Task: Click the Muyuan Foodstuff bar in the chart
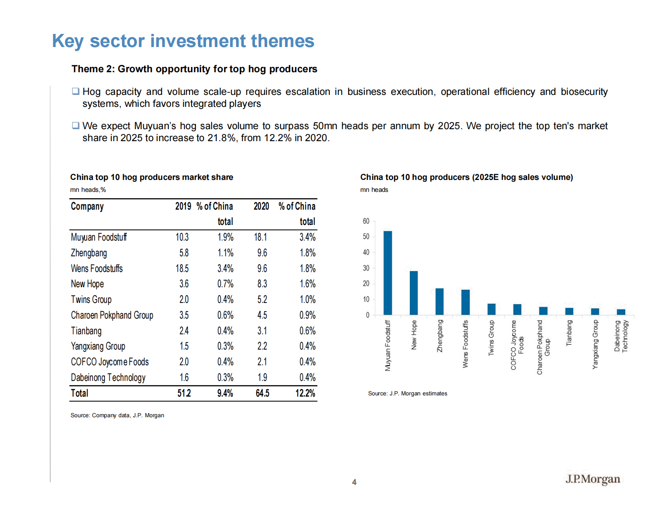click(388, 273)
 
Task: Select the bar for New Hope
click(414, 293)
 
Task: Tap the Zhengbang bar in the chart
click(440, 301)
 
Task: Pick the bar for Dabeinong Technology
click(621, 312)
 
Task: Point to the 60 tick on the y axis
click(366, 221)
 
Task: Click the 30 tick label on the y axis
click(366, 268)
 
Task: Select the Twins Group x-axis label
click(491, 338)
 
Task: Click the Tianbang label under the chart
click(569, 333)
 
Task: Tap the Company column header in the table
click(87, 206)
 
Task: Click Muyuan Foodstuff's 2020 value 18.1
click(260, 237)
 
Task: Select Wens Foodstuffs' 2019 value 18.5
click(182, 269)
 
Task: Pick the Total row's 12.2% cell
click(305, 393)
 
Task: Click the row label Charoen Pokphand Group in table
click(112, 315)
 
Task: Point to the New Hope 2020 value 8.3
click(262, 284)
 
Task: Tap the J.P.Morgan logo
click(593, 479)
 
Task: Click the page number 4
click(354, 482)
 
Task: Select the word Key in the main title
click(68, 41)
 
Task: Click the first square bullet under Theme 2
click(76, 91)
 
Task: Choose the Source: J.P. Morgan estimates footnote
click(407, 393)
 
